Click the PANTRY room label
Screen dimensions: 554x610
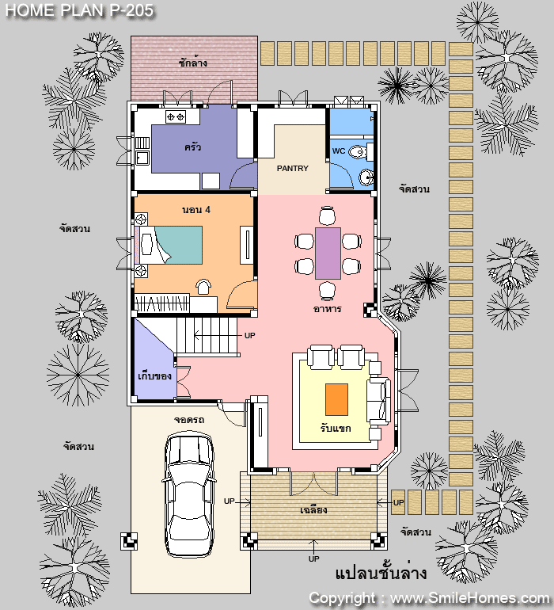coord(292,169)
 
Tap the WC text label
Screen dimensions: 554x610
coord(339,151)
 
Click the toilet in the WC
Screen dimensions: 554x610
coord(360,152)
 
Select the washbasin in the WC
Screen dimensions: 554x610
coord(366,177)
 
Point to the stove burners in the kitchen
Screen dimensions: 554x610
coord(176,116)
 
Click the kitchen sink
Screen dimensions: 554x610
coord(142,158)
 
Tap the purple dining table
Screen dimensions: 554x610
coord(328,254)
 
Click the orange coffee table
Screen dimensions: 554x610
coord(336,399)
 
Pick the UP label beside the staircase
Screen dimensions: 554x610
coord(249,335)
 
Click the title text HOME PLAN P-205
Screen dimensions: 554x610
coord(80,10)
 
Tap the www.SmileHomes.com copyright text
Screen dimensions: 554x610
coord(470,598)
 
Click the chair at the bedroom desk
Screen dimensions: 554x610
coord(203,287)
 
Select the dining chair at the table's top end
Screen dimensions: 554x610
coord(328,215)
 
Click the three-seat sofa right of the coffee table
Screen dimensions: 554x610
coord(378,401)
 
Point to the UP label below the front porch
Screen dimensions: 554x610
coord(313,559)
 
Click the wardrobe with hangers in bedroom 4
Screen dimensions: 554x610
coord(161,303)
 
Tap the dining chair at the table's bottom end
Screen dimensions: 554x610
coord(328,291)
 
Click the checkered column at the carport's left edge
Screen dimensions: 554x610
coord(129,541)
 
